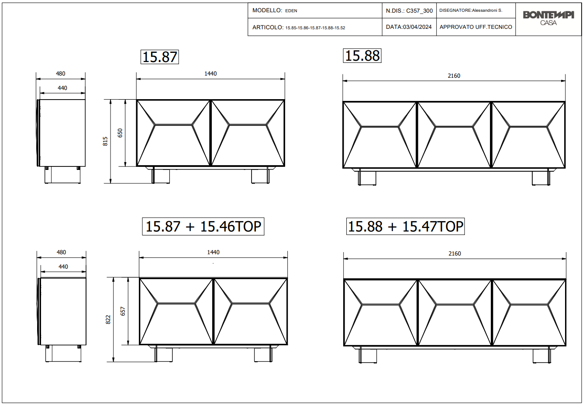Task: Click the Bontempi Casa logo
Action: pos(548,18)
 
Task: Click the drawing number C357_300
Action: pos(419,11)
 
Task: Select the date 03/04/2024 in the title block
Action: pos(417,27)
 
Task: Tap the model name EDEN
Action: pos(291,11)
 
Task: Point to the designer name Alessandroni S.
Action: pos(487,10)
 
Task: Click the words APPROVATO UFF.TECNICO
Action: pos(476,27)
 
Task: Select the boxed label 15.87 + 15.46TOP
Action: pos(203,226)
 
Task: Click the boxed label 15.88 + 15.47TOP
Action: pos(405,226)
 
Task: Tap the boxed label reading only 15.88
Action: pos(362,56)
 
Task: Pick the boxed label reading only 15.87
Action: pos(159,57)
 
